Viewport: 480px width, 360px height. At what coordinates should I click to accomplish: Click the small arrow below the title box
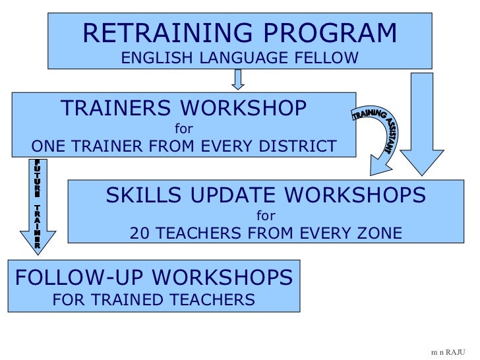point(239,79)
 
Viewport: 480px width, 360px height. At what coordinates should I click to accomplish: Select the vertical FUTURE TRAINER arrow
point(38,204)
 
